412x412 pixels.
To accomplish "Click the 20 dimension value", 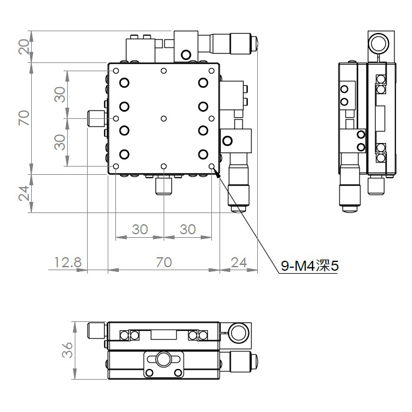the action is [24, 46].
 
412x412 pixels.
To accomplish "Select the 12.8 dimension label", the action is [68, 263].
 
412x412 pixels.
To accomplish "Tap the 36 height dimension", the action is [67, 350].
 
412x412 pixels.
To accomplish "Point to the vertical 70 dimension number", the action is [24, 118].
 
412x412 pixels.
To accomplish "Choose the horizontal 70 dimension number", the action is [164, 263].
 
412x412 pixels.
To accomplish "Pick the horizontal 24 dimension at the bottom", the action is [239, 263].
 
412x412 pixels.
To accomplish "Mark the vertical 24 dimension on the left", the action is [24, 194].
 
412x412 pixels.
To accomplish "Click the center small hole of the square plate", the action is [164, 118].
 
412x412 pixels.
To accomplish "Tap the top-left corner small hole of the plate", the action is [116, 71].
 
